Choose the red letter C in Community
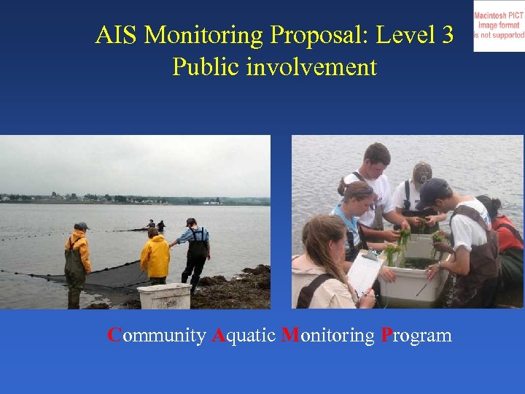114,335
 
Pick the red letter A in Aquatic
219,336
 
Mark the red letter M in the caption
289,335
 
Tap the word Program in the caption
416,336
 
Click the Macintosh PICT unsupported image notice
499,26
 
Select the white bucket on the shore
164,295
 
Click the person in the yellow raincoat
155,257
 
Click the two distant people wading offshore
156,225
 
